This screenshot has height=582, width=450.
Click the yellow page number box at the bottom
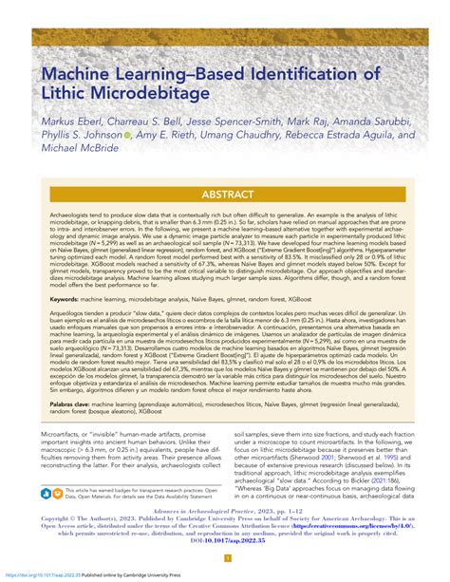(225, 559)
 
